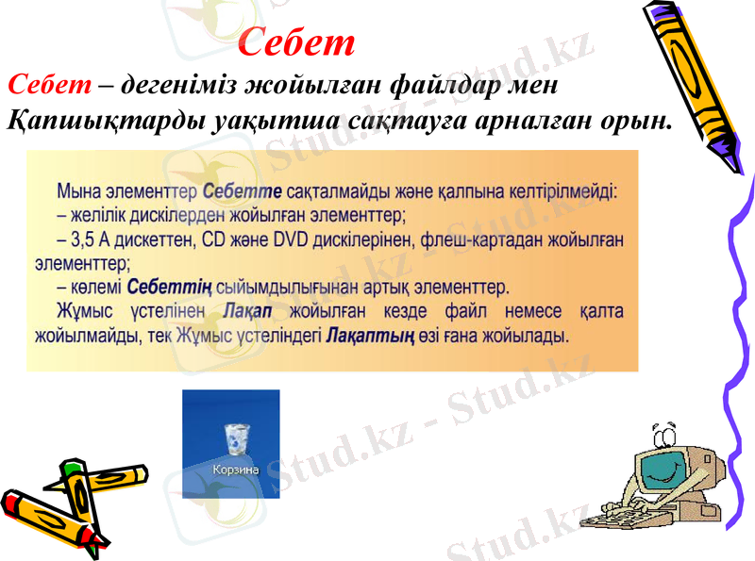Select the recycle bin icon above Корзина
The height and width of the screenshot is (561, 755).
(235, 438)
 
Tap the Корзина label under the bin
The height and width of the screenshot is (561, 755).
(235, 469)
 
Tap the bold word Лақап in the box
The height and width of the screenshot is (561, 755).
(250, 311)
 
